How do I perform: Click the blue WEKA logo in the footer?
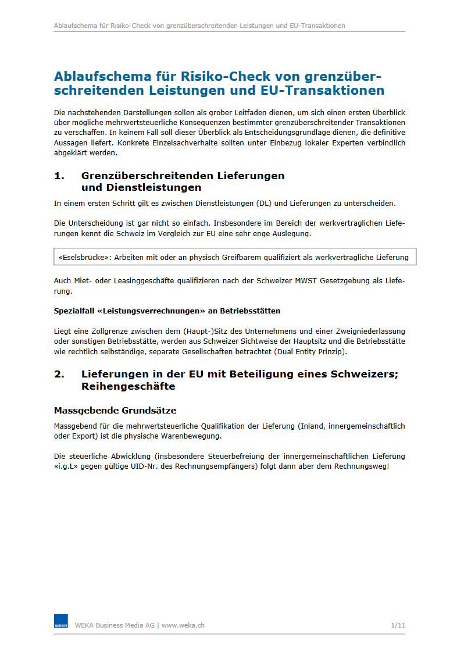[61, 621]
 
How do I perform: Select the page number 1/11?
[398, 625]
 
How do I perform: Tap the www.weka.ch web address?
[183, 625]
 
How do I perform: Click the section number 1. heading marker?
[59, 176]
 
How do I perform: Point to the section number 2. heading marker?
[59, 374]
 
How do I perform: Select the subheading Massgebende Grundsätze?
[115, 411]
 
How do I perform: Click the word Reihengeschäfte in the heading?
[128, 386]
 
